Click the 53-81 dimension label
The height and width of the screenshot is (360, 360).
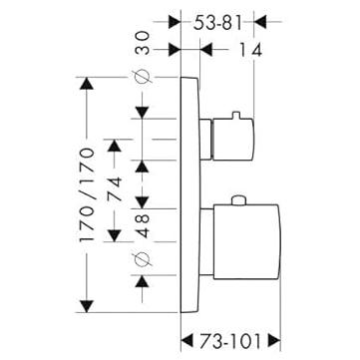click(x=217, y=23)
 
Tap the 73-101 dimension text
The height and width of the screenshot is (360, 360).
click(x=230, y=341)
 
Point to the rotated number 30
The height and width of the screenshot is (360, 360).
click(x=143, y=43)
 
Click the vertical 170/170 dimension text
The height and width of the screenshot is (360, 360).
click(x=87, y=194)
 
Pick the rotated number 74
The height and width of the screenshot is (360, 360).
click(x=114, y=188)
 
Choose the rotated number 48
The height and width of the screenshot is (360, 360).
click(x=143, y=226)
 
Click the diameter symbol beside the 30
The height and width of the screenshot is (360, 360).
click(x=143, y=77)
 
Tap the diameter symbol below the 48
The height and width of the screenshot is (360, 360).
click(x=143, y=259)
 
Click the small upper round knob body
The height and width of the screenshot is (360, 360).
click(x=232, y=140)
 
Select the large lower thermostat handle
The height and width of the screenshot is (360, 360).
click(x=247, y=241)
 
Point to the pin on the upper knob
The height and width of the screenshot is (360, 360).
click(x=235, y=115)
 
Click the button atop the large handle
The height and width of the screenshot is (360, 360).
click(x=238, y=200)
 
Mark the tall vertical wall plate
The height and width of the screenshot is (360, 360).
click(x=190, y=194)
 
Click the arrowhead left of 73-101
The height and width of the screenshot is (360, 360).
click(x=186, y=341)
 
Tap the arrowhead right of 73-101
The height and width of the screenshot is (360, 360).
click(x=274, y=341)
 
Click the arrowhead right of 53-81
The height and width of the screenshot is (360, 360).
click(x=260, y=22)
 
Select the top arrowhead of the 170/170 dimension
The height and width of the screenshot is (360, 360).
click(x=87, y=84)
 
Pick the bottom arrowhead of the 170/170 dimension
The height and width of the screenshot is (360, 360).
click(x=87, y=306)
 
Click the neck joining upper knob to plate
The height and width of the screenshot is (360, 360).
click(x=206, y=140)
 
